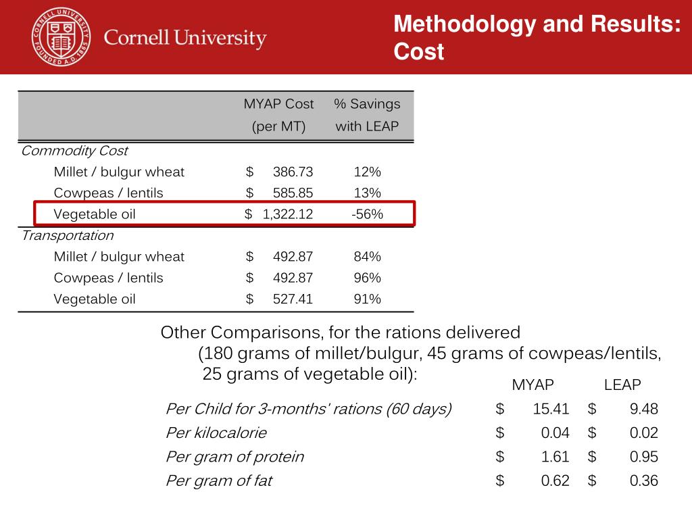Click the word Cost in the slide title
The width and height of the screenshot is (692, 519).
coord(419,52)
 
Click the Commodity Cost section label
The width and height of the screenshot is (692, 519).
coord(74,151)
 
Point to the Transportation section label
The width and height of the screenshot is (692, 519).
coord(67,236)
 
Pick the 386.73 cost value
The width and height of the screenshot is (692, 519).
coord(293,172)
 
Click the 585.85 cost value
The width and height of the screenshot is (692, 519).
coord(293,193)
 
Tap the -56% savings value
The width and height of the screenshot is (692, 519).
coord(367,214)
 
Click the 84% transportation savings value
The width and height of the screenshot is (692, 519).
coord(367,257)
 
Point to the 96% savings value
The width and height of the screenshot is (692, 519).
coord(367,278)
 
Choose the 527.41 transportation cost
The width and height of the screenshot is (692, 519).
coord(293,299)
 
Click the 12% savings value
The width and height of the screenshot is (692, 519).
coord(367,172)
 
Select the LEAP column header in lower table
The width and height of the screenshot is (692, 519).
coord(622,385)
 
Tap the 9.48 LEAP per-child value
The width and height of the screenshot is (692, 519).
coord(643,409)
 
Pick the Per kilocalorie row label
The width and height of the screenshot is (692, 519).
coord(216,433)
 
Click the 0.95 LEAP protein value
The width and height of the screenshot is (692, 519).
coord(643,457)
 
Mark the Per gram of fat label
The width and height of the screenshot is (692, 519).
coord(219,481)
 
